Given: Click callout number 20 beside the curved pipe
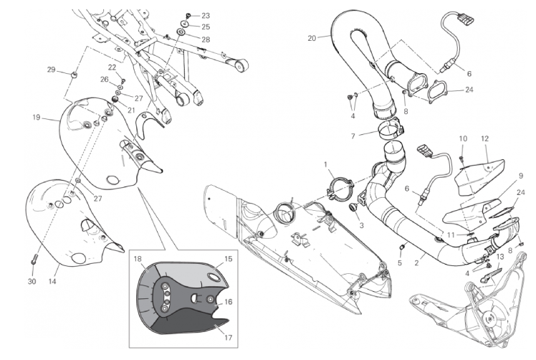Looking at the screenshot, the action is coord(312,38).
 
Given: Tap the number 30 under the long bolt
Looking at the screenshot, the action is coord(32,281).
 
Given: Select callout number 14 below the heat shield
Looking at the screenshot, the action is coord(52,281).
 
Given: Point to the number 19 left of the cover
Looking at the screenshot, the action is coord(37,118).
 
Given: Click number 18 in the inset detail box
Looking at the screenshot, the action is coord(138,259).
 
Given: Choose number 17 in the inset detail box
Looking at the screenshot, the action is coord(228,338).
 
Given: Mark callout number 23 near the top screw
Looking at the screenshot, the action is coord(206,16).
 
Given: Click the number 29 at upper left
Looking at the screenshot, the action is coord(51,70).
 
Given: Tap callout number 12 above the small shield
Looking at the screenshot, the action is coord(484,138).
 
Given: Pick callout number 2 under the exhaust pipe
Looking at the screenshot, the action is coord(416,262).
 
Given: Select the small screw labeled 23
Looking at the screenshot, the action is coord(188,15).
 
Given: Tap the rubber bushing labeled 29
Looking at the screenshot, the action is coord(73,74).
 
